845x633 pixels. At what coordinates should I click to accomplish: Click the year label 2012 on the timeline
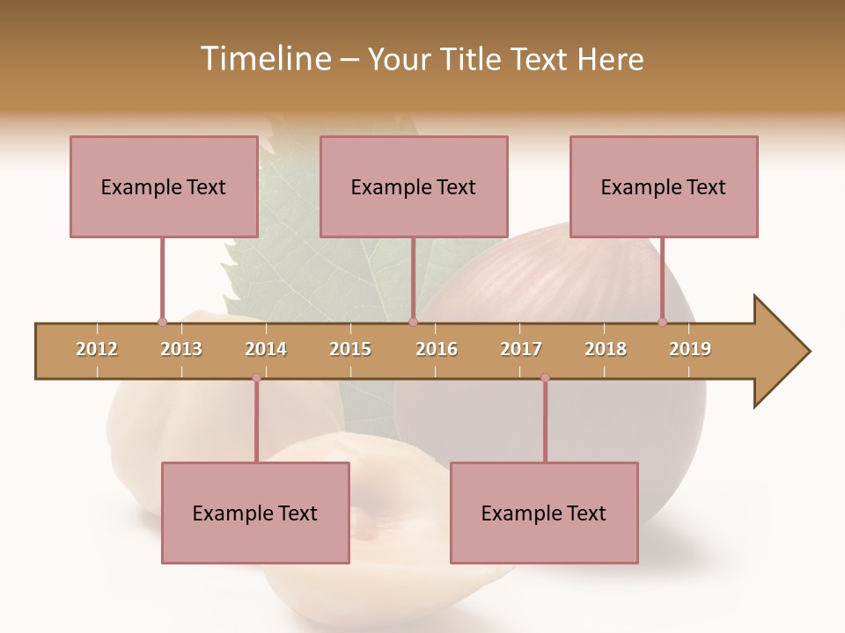tap(97, 349)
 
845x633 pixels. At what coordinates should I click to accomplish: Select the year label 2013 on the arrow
tap(181, 349)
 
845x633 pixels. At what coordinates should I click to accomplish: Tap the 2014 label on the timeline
tap(266, 349)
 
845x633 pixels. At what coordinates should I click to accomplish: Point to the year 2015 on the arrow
tap(350, 349)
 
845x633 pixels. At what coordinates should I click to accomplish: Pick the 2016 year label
tap(437, 349)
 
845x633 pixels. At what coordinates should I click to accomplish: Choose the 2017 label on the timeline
tap(521, 349)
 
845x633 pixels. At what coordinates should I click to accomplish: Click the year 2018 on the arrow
tap(606, 349)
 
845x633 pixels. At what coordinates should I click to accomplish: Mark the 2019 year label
tap(690, 349)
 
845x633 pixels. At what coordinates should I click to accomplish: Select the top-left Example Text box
tap(164, 186)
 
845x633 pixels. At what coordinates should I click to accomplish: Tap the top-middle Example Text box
tap(414, 186)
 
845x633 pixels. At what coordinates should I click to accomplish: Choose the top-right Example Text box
tap(664, 186)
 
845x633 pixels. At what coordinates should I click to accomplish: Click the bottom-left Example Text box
tap(255, 513)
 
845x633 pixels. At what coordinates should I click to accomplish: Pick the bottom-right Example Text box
tap(544, 513)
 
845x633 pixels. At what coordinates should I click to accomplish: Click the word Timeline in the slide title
tap(264, 59)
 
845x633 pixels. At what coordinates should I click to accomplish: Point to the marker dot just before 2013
tap(162, 322)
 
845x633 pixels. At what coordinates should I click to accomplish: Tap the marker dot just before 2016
tap(413, 322)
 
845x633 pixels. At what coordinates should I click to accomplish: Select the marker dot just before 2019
tap(662, 322)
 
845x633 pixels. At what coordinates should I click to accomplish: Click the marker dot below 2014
tap(256, 378)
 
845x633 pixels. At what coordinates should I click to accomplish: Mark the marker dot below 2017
tap(545, 378)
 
